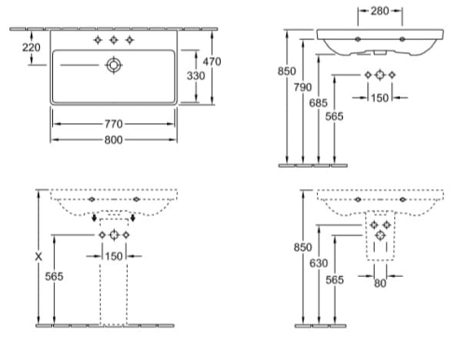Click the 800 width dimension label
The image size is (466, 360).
point(114,140)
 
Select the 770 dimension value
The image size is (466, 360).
point(114,124)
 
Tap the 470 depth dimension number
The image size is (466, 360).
point(212,62)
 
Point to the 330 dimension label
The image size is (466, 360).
point(196,76)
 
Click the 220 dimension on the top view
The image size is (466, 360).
point(31,48)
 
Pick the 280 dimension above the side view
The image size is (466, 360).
point(379,11)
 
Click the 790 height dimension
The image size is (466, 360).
point(303,87)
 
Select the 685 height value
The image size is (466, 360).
point(319,103)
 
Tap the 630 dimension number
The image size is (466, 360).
point(319,263)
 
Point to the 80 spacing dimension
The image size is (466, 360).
point(380,284)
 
